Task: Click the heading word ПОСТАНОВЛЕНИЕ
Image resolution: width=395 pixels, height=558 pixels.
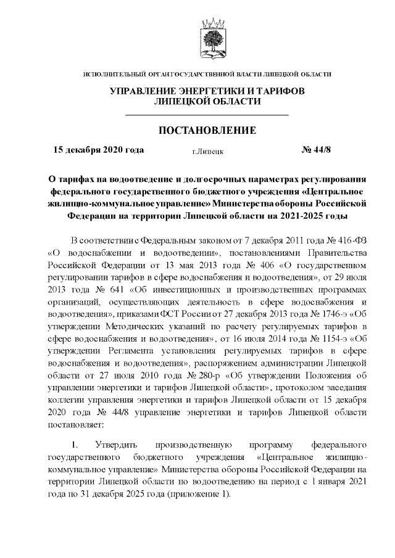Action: [x=207, y=131]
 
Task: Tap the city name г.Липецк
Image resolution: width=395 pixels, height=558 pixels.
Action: [x=207, y=150]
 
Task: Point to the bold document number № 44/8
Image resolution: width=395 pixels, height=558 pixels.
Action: [x=316, y=150]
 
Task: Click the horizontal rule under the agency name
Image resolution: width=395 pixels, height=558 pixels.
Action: [x=207, y=115]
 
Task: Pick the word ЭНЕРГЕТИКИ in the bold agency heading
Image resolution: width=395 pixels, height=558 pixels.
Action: [x=214, y=91]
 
